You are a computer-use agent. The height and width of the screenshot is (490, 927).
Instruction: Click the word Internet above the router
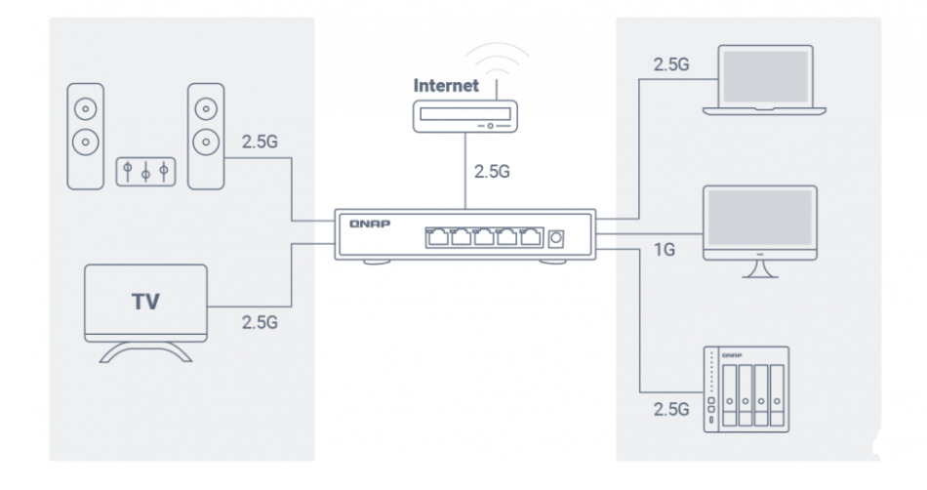pos(446,85)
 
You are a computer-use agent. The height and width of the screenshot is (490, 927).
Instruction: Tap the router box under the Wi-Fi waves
pos(465,117)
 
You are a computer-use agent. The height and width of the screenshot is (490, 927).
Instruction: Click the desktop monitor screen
pos(760,223)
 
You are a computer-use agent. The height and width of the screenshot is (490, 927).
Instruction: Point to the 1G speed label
pos(664,250)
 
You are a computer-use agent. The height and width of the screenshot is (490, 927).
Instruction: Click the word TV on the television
pos(145,301)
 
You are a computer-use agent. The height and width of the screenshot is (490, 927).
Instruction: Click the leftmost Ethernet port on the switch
pos(436,236)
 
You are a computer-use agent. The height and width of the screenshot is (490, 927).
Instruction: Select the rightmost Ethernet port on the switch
pos(530,236)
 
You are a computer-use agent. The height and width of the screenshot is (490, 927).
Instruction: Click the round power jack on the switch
pos(558,237)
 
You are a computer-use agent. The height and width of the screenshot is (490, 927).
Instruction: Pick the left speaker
pos(85,136)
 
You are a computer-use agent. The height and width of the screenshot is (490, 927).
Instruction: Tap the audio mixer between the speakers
pos(144,172)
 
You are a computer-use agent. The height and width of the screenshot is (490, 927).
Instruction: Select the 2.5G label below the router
pos(491,171)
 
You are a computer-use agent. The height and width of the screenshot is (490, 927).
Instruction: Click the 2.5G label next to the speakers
pos(259,142)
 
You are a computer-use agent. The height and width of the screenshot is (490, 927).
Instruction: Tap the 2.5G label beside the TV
pos(260,322)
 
